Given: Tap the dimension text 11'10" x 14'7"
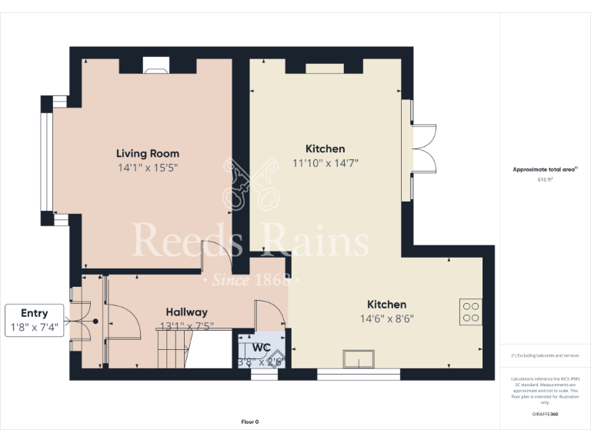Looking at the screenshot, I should [x=326, y=162].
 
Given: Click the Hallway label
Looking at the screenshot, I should [x=186, y=312].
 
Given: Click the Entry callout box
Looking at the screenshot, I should [x=35, y=320].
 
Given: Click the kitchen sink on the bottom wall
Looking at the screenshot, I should [x=359, y=360].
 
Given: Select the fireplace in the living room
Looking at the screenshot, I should [x=157, y=68].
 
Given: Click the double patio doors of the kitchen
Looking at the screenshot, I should [x=423, y=148].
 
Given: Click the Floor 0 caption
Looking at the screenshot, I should [x=250, y=421].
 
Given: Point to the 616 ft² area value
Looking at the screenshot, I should [x=545, y=179].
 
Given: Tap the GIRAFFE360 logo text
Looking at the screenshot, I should [x=545, y=415].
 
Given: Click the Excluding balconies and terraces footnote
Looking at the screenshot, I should [x=545, y=355].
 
